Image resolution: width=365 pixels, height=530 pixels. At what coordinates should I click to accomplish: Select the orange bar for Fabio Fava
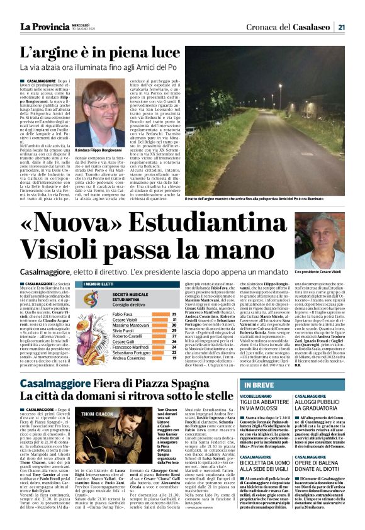tap(160, 313)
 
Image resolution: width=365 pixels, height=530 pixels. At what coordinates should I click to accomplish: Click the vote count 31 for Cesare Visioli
tap(173, 319)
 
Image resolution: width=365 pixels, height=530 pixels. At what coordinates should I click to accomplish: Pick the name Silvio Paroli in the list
tap(126, 331)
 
